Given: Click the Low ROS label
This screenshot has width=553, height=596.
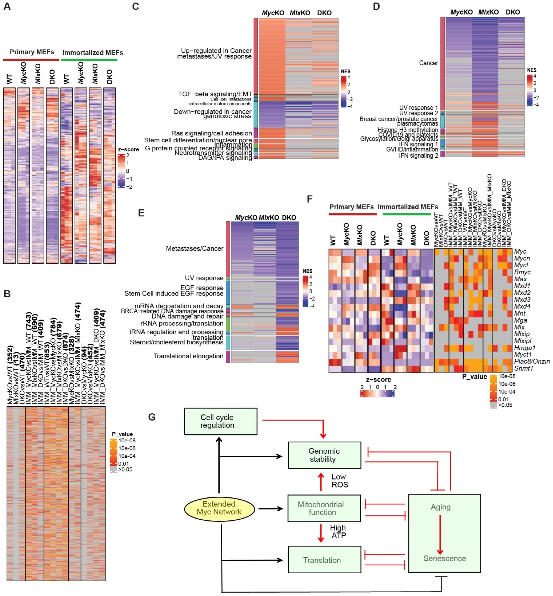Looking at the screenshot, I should click(339, 481).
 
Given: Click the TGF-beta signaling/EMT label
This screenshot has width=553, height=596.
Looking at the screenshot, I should click(215, 94).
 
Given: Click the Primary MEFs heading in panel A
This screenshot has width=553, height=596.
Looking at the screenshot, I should click(32, 52).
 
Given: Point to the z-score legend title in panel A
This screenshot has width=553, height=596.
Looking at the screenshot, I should click(128, 149).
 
